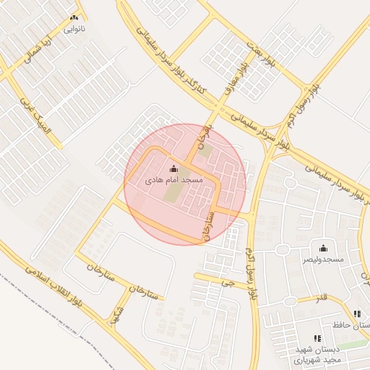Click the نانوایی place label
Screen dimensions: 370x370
75,30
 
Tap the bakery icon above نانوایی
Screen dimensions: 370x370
75,17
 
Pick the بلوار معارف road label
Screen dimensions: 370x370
236,80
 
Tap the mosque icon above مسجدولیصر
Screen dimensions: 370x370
323,247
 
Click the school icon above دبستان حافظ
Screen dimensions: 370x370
357,314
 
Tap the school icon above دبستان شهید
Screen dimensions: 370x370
317,337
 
